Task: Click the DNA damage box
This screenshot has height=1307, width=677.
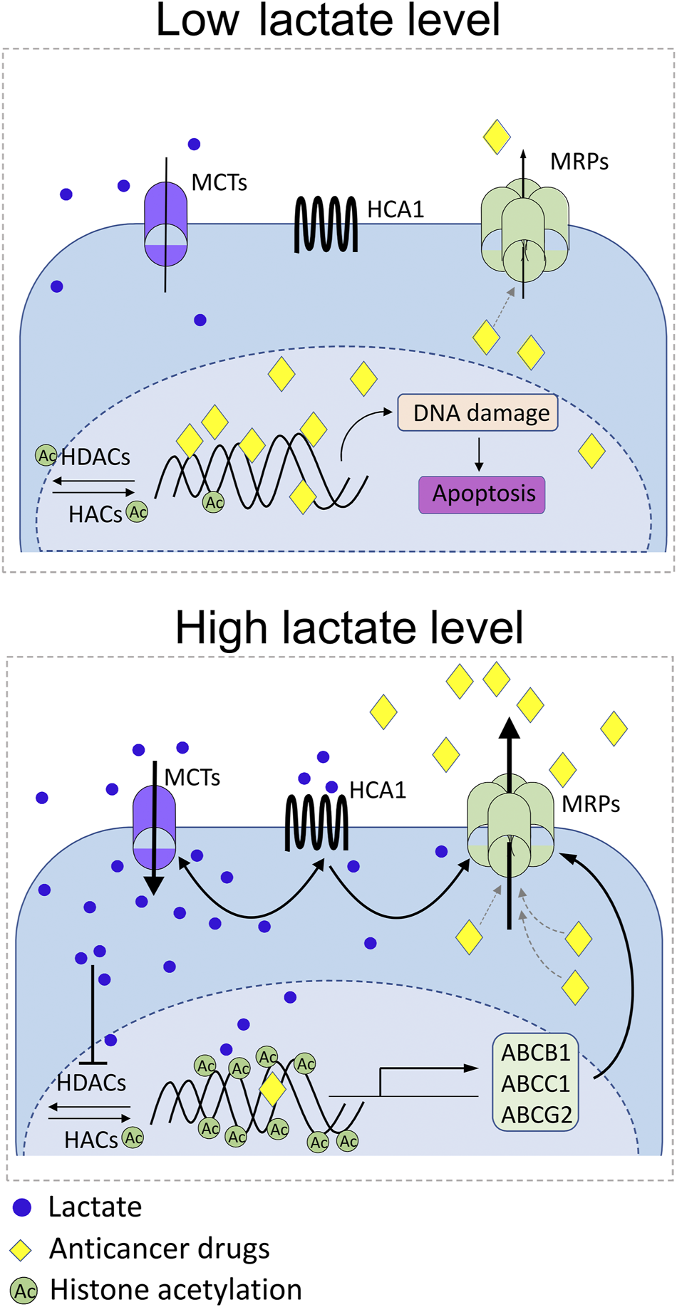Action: pos(477,412)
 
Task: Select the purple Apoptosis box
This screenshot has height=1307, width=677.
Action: pos(482,494)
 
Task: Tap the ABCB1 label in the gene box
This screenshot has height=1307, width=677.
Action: pos(535,1053)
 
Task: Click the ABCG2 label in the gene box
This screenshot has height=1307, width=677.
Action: pos(536,1114)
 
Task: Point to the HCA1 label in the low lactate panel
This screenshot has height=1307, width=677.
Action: pos(396,209)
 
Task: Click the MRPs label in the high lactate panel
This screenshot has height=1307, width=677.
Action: pos(591,804)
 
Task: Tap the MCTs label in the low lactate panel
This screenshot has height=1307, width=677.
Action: pos(219,183)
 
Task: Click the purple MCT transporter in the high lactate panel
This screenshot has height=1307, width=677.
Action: pos(154,826)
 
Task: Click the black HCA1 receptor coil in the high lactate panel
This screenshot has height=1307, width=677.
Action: pos(316,823)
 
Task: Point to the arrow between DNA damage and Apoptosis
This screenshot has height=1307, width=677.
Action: pos(479,454)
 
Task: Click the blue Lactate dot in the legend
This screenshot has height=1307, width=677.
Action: pos(22,1207)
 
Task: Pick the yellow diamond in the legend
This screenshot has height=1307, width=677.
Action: pos(22,1249)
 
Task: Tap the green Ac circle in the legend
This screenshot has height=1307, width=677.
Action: pos(24,1291)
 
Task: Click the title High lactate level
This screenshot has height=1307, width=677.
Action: pos(349,628)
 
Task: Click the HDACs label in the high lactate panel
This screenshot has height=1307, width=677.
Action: pos(91,1083)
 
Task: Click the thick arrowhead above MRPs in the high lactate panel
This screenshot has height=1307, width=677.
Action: pos(509,729)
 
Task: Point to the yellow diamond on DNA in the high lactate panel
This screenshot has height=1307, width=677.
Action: pos(272,1089)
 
